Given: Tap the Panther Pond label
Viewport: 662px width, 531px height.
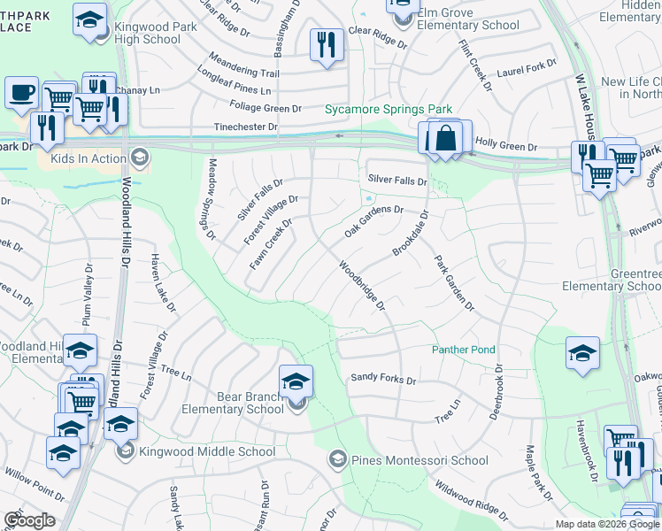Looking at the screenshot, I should point(464,350).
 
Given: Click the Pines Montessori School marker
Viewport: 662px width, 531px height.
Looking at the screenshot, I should point(337,459).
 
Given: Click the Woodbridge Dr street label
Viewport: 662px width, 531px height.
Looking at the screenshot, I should point(361,285).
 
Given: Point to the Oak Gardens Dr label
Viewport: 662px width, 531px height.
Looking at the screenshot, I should point(373,222).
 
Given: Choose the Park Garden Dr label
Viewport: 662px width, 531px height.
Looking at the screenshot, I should point(454,284).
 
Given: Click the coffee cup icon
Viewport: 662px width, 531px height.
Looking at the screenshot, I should point(20,91).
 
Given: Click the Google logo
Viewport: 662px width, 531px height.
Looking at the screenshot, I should point(29,520).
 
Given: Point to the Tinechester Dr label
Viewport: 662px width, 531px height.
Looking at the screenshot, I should point(246,127).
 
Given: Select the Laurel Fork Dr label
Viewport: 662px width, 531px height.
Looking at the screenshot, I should point(527,69).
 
